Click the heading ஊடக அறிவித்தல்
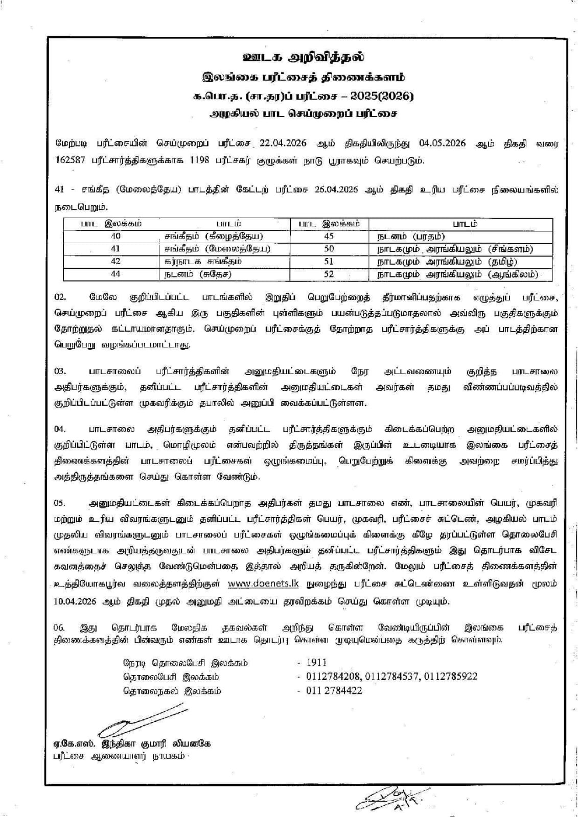(x=304, y=57)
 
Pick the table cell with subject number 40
(x=115, y=236)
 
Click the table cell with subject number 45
(x=329, y=236)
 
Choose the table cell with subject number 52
(x=329, y=274)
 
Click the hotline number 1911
(x=316, y=663)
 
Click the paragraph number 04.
(x=60, y=429)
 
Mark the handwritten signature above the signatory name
(x=141, y=719)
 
